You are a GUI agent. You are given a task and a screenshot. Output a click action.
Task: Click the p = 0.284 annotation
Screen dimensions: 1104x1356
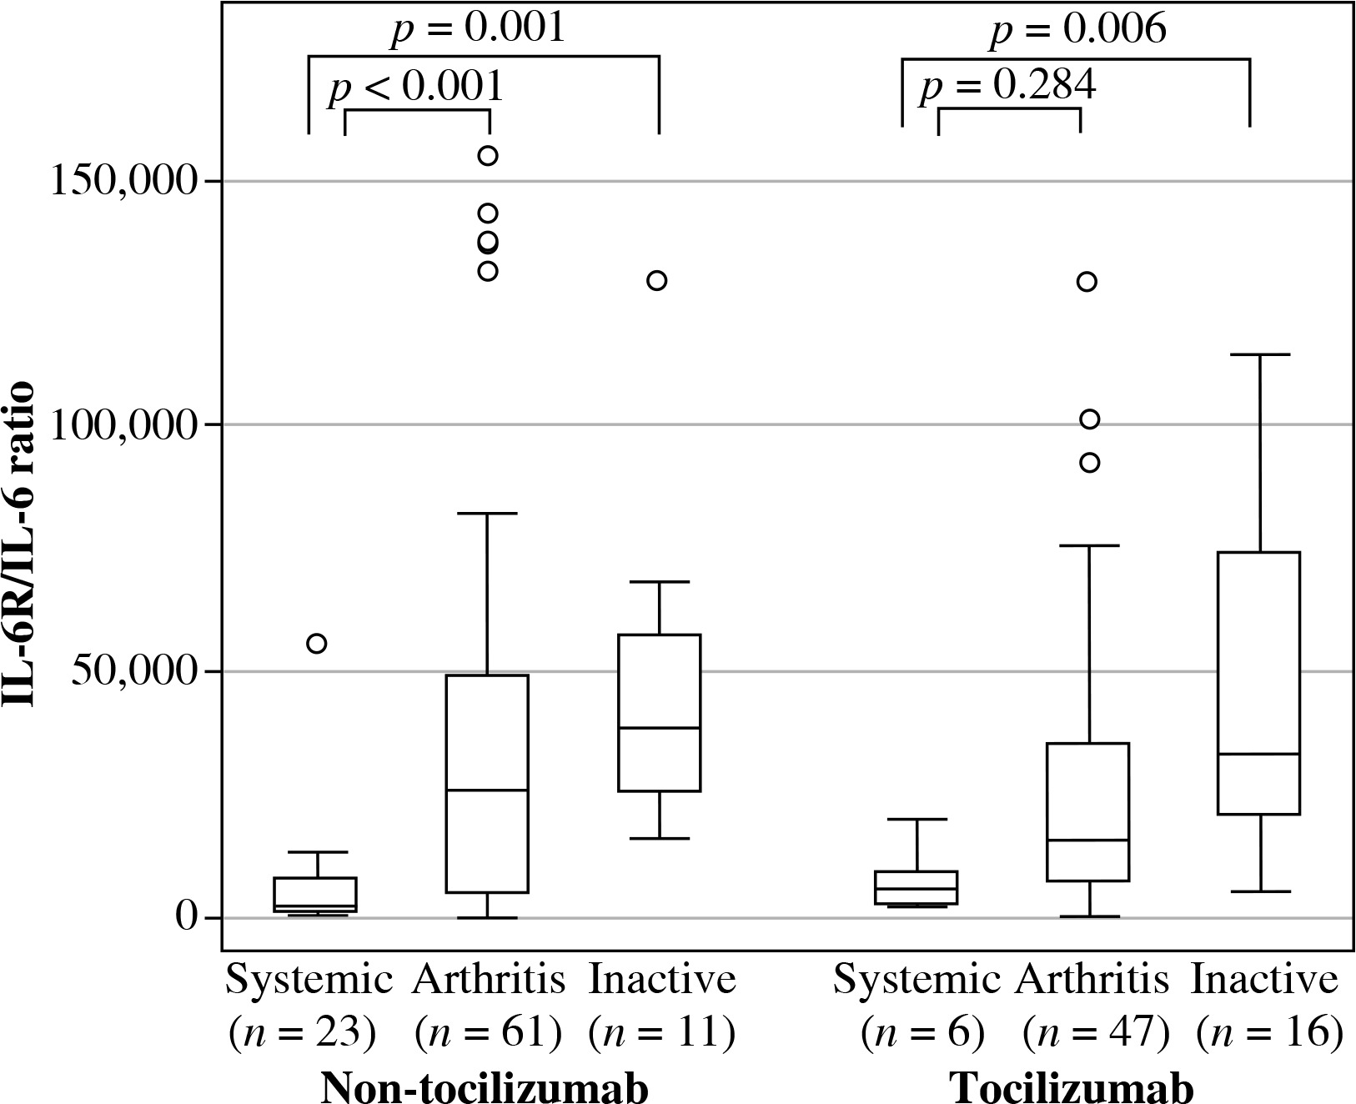pos(1007,86)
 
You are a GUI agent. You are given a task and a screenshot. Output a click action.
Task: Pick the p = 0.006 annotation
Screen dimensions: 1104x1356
pos(1077,30)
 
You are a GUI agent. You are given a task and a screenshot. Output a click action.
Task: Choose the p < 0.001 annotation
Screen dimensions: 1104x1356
pos(415,86)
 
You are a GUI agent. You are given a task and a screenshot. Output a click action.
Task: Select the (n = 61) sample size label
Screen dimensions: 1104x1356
pos(488,1032)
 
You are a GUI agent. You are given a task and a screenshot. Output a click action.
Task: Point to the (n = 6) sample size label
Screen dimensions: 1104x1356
pos(923,1032)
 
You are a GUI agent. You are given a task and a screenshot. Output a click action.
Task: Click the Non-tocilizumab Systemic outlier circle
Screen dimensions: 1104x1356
pos(317,643)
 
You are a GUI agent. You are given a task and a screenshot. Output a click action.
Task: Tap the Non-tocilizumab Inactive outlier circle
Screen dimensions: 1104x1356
pos(657,280)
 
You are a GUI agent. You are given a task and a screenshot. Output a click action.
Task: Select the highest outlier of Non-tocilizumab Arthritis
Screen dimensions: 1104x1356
pos(488,156)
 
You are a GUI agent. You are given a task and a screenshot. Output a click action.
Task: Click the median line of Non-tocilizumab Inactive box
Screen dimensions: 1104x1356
pos(659,728)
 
